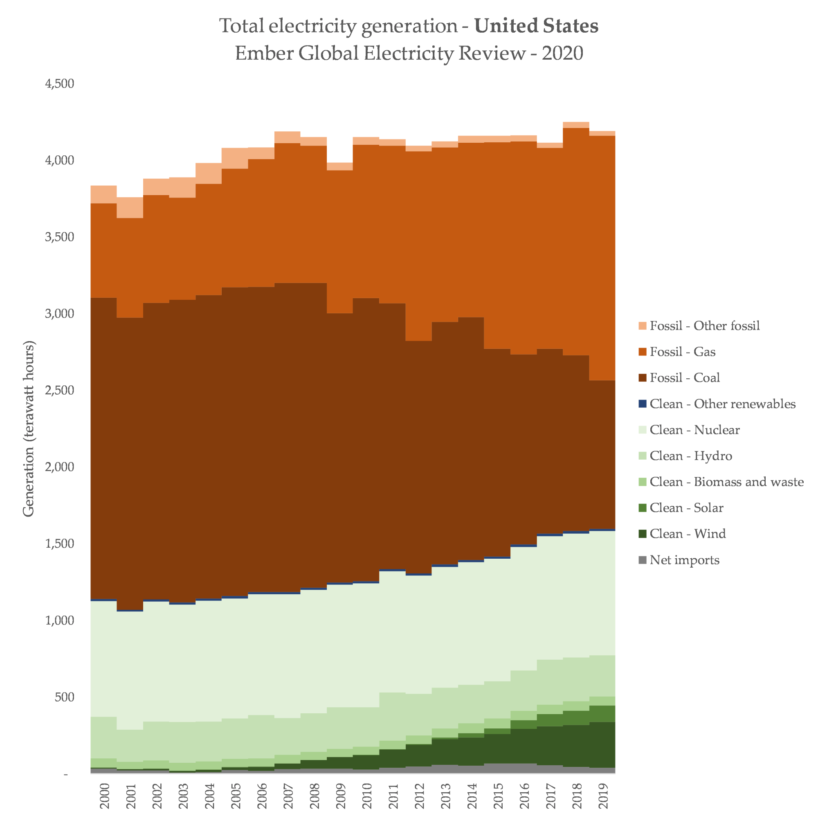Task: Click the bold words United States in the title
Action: [536, 26]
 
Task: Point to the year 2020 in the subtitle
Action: [562, 53]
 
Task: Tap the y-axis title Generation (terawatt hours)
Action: [29, 429]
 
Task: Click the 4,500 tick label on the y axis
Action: [60, 84]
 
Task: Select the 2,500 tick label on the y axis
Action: [60, 390]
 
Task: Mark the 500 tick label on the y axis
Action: [64, 697]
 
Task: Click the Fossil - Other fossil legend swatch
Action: [643, 326]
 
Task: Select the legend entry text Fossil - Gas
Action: [683, 352]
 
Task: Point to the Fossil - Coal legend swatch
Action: [643, 378]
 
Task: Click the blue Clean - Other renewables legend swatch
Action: [643, 404]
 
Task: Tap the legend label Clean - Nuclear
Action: [695, 430]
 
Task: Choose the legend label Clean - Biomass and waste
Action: [726, 482]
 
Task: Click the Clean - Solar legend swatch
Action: [643, 508]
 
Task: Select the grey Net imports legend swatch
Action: [643, 560]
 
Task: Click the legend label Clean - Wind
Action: [688, 533]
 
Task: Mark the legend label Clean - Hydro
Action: [691, 456]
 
